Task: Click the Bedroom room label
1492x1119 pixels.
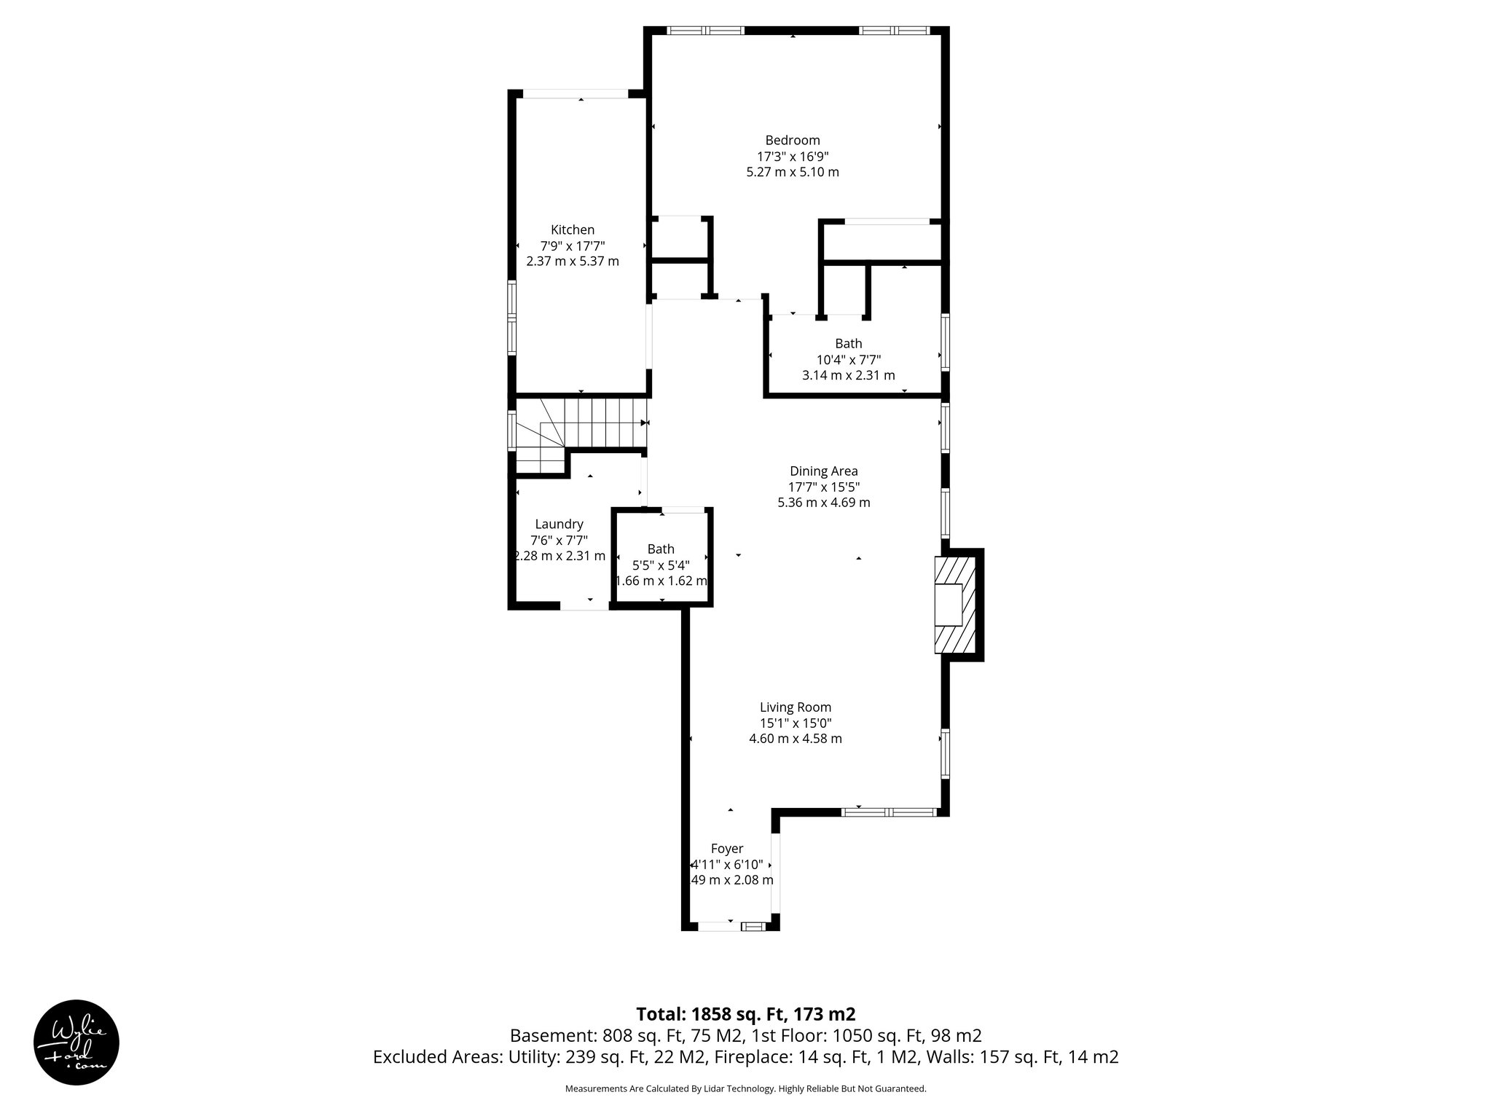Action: point(792,140)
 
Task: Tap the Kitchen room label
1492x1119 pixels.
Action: point(572,229)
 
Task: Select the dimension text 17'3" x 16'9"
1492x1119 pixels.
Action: point(792,157)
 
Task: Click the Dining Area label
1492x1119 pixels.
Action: point(823,471)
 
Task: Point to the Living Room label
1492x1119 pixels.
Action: point(795,707)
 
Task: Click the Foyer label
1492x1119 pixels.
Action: point(726,848)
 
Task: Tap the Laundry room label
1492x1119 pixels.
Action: point(559,524)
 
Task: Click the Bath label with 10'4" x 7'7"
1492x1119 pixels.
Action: point(848,343)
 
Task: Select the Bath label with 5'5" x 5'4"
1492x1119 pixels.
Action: point(660,549)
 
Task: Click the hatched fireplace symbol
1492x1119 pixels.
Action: point(955,605)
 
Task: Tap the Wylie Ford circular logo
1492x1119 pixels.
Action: point(76,1042)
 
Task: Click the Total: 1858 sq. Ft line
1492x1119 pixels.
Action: point(745,1014)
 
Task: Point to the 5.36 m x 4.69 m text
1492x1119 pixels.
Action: point(823,503)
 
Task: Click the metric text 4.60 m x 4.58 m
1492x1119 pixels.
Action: point(795,739)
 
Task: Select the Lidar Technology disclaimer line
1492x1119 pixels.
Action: point(745,1088)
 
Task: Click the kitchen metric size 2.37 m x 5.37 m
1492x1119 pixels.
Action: point(572,262)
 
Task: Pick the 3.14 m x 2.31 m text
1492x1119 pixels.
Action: point(848,375)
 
